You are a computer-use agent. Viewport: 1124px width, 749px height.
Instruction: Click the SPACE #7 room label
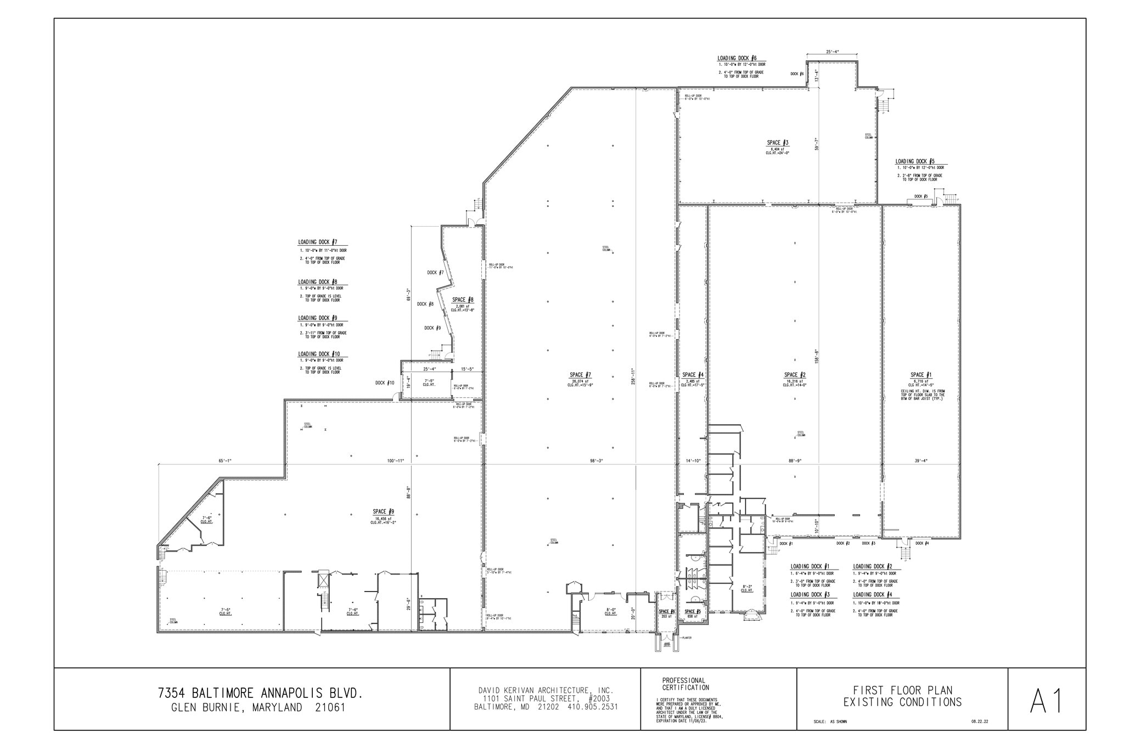580,375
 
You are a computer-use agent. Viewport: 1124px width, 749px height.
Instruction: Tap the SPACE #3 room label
778,143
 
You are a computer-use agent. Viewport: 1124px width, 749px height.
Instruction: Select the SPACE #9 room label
383,511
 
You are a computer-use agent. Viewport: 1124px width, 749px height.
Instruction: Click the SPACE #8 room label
463,300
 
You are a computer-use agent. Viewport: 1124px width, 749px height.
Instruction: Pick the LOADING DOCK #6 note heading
737,58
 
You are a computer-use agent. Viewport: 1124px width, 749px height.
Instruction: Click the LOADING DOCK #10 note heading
319,354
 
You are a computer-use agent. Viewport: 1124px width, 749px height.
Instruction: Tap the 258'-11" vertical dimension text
634,376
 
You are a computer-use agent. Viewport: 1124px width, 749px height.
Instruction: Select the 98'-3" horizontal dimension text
597,461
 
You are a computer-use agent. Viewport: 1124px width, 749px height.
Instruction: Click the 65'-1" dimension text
225,461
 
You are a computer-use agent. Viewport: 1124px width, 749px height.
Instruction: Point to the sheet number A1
1047,701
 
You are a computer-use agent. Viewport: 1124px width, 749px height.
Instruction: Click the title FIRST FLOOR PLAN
902,690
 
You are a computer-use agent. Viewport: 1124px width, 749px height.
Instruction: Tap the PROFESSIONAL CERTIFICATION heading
684,684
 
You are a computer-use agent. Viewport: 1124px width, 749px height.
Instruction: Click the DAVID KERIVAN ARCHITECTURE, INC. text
546,690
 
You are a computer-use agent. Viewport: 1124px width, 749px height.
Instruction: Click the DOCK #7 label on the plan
435,272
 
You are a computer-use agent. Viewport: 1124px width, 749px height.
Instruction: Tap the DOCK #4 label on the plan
923,543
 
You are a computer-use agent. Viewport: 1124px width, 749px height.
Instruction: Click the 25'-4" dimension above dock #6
832,52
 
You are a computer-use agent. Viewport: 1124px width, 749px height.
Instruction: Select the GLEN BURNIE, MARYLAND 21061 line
258,708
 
